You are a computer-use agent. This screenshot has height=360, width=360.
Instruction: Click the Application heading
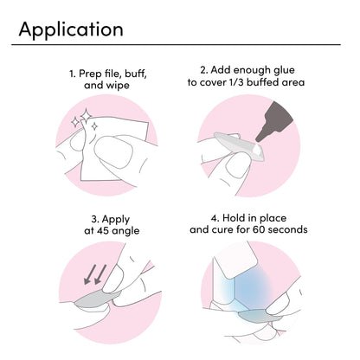point(71,30)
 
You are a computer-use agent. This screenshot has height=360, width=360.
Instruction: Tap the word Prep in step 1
point(89,74)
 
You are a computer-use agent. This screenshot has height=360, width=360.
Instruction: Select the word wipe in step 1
point(118,86)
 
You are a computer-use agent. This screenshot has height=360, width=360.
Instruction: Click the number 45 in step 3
point(103,231)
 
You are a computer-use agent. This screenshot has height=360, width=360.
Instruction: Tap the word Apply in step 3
point(115,220)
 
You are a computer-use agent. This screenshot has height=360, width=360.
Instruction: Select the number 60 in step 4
point(259,230)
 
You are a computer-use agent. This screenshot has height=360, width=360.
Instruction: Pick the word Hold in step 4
point(234,218)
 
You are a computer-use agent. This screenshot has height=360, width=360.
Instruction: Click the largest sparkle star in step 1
point(86,116)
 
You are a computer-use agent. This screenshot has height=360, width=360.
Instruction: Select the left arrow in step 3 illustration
point(91,274)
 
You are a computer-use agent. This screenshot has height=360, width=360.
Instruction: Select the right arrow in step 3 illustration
point(100,274)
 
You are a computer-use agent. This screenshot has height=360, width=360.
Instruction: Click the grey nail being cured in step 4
point(254,317)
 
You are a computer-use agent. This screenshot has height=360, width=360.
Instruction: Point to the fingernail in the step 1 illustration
point(113,152)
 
